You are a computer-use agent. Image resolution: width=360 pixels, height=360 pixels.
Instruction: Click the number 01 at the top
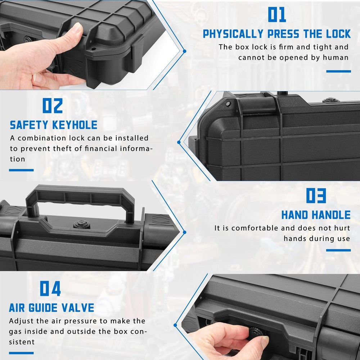[277, 15]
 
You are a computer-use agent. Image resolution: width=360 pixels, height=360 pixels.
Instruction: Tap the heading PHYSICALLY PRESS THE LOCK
[276, 34]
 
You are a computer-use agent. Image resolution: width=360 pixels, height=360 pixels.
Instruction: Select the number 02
[53, 106]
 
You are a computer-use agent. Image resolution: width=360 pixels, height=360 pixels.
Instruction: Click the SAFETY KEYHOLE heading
[54, 125]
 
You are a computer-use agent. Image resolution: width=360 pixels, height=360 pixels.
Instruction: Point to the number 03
[316, 196]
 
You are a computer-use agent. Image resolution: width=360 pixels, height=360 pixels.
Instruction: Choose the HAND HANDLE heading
[316, 215]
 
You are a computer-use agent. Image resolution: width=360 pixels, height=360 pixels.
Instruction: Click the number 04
[50, 289]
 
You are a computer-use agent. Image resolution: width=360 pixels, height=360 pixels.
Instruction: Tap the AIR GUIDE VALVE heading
[51, 308]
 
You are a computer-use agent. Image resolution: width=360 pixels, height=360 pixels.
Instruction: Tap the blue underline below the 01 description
[338, 71]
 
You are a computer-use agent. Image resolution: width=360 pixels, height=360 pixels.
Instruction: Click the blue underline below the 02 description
[21, 170]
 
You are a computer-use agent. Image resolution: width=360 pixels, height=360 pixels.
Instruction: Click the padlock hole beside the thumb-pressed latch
[93, 49]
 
